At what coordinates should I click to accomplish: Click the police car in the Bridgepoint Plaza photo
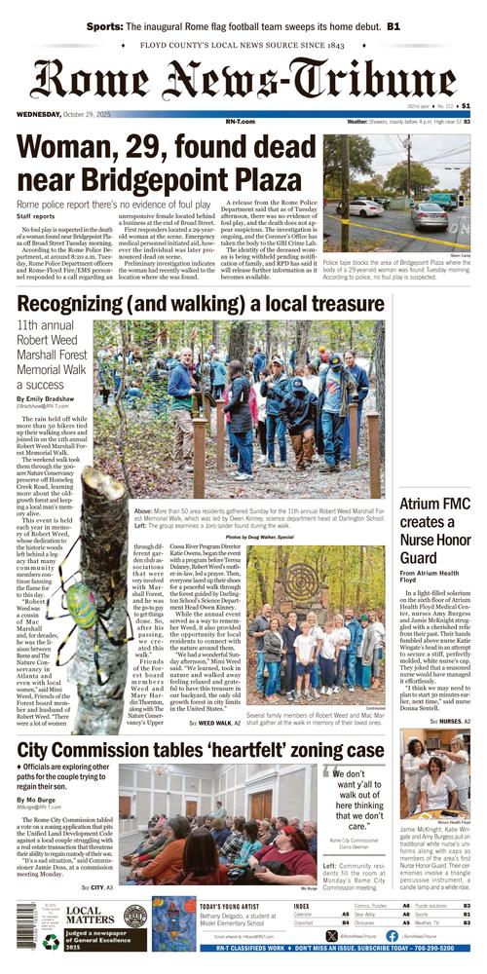point(366,208)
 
